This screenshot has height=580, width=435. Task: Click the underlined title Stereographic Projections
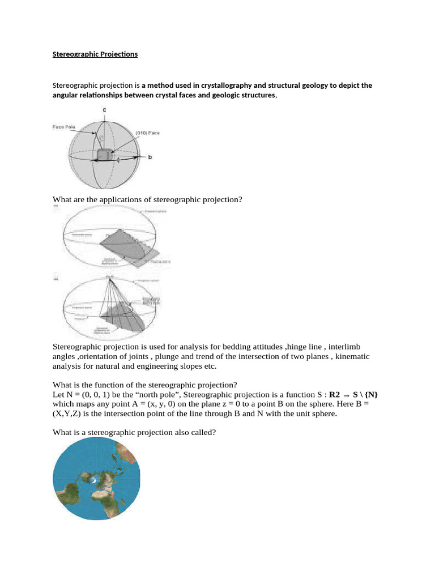(95, 54)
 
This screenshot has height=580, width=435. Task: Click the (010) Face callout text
(147, 132)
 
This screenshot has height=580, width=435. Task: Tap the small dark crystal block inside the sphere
(104, 155)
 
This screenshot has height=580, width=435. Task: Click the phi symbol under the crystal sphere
(118, 160)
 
